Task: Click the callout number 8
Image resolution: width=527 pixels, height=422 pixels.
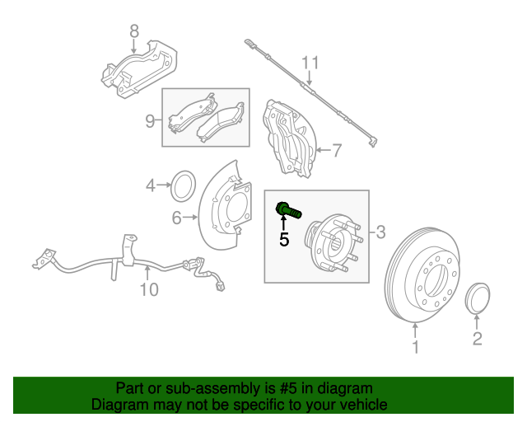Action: (x=134, y=32)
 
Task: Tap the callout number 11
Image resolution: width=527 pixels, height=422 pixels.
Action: (x=309, y=62)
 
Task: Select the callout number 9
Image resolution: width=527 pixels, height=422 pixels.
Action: (x=150, y=121)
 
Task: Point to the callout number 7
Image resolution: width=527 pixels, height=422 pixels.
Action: (x=336, y=150)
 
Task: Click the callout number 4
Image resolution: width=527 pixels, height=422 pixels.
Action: (x=151, y=185)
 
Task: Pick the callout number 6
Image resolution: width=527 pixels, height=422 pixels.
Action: (x=176, y=218)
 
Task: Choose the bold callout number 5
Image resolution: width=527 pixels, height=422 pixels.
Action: (x=284, y=240)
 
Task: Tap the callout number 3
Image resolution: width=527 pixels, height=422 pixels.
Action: (x=380, y=232)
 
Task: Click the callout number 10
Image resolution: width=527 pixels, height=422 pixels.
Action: (x=147, y=289)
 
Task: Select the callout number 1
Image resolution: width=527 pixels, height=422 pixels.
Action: (x=415, y=348)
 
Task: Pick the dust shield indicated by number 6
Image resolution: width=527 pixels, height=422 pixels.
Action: (x=223, y=209)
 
